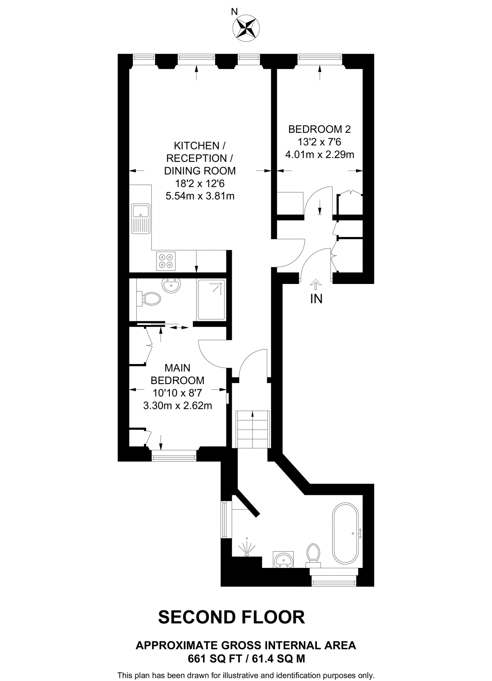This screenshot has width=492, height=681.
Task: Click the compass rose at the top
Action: click(246, 29)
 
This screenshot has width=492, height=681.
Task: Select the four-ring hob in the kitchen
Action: click(166, 261)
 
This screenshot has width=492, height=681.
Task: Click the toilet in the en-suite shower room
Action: click(150, 298)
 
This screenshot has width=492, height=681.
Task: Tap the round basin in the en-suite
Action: click(171, 286)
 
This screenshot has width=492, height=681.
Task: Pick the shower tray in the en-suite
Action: click(211, 300)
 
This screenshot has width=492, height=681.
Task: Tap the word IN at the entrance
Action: click(316, 299)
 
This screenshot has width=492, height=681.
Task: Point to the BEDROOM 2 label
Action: click(319, 129)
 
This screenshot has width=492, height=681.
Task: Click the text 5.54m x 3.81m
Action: click(200, 196)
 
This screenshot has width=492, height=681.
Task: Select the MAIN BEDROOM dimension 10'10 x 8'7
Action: click(177, 393)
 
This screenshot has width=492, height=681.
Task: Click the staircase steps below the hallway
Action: click(252, 430)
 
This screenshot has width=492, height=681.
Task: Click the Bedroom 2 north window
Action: click(320, 60)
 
